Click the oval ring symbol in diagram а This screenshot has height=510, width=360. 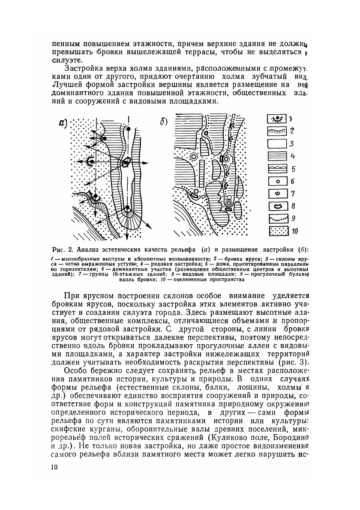pyautogui.click(x=126, y=162)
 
